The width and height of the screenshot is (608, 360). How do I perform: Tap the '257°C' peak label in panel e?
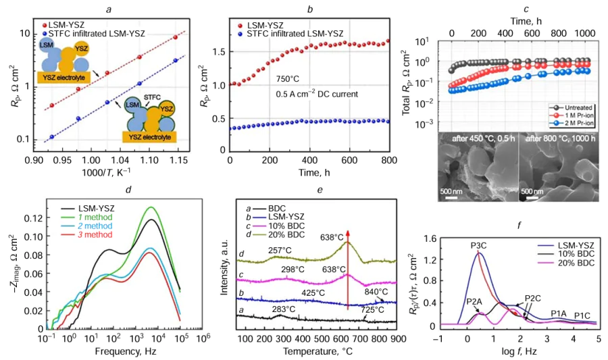tap(282, 250)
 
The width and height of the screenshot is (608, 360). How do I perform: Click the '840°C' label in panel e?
tap(376, 293)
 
